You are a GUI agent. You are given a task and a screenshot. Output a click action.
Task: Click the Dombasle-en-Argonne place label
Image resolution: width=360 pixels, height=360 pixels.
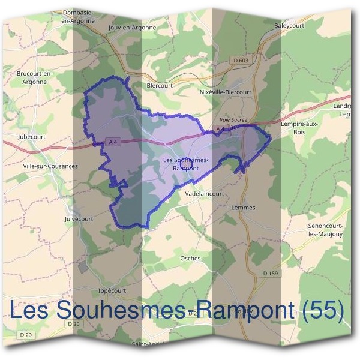(78, 16)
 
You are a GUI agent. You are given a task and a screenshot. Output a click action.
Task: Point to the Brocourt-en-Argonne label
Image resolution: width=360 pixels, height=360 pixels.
(35, 77)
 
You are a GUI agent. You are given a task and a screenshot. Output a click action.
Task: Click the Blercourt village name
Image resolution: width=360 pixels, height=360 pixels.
(160, 85)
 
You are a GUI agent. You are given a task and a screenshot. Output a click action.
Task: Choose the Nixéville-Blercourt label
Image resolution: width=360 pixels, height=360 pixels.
(225, 92)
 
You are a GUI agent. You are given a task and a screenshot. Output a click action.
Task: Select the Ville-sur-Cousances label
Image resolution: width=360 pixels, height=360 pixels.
(50, 166)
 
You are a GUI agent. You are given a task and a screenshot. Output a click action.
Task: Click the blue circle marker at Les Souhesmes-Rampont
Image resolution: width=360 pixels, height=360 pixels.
(185, 163)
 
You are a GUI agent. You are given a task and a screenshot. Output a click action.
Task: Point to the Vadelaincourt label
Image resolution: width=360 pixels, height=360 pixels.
(205, 194)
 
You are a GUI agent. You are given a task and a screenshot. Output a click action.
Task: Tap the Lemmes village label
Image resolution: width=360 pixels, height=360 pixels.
(243, 208)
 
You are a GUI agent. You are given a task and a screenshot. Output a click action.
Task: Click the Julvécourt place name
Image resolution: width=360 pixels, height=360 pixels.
(79, 219)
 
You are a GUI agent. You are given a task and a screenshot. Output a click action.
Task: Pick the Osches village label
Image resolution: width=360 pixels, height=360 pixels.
(190, 258)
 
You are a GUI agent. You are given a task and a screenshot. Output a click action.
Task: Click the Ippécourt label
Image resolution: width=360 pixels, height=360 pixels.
(112, 290)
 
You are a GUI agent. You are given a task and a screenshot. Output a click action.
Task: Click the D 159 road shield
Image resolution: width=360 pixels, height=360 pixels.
(271, 274)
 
